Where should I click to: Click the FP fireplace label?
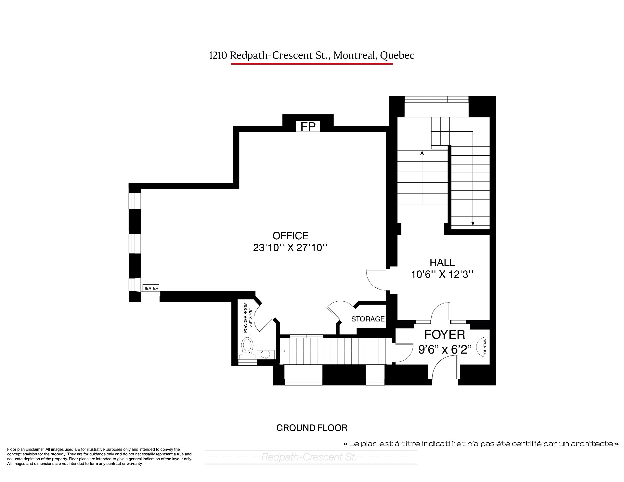[308, 126]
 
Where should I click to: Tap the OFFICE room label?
[290, 236]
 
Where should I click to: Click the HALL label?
[442, 262]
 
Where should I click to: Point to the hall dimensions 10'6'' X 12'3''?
[442, 275]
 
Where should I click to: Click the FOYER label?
[445, 334]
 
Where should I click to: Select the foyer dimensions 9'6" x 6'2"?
[445, 349]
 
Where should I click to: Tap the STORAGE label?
[368, 319]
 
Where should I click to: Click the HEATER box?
[151, 288]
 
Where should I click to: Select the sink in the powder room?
[266, 354]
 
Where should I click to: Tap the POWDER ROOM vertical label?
[248, 318]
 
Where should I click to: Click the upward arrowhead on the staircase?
[422, 153]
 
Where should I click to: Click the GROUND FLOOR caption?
[312, 428]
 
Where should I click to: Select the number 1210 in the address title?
[218, 56]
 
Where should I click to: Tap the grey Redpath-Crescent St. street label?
[309, 457]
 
